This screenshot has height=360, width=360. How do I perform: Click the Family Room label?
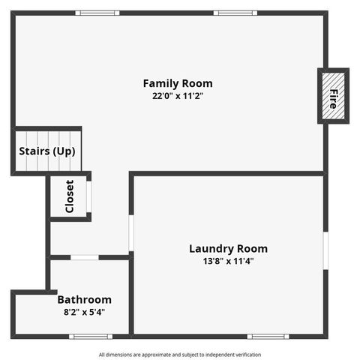tap(178, 83)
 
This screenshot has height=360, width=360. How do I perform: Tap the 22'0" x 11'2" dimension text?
tap(178, 96)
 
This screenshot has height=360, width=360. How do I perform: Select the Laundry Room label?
tap(228, 249)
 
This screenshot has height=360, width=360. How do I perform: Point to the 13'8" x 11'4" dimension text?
tap(228, 262)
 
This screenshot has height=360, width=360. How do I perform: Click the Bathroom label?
tap(85, 299)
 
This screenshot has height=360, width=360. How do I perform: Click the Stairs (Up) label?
tap(46, 151)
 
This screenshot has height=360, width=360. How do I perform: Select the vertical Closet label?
tap(70, 196)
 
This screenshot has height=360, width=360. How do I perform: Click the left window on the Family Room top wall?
tap(97, 13)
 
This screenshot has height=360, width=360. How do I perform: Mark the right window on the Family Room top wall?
tap(235, 13)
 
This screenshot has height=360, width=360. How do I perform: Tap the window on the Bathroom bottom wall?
tap(91, 336)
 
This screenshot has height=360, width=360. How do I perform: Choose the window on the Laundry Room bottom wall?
tap(268, 336)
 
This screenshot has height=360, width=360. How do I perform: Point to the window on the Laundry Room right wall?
tap(325, 250)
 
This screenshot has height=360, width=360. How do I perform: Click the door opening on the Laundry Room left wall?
tap(130, 233)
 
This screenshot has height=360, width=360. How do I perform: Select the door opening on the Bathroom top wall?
tap(85, 257)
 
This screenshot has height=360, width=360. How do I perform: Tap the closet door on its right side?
tap(88, 197)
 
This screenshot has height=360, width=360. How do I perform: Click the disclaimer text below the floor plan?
tap(180, 355)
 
